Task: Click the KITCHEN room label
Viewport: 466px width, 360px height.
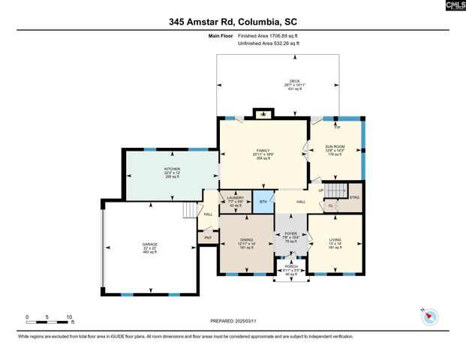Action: point(173,169)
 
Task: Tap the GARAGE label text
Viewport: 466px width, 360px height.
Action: point(150,245)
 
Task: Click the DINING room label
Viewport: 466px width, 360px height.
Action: point(246,239)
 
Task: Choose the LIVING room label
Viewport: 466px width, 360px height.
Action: point(335,239)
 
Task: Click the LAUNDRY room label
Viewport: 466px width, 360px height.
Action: point(235,199)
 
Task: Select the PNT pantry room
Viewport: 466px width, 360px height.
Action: point(207,238)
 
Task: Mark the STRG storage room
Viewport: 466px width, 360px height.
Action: point(354,197)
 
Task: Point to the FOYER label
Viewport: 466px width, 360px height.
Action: point(290,235)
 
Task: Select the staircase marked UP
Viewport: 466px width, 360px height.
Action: point(339,190)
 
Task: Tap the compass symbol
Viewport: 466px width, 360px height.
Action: point(429,317)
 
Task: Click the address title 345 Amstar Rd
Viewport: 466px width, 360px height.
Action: point(233,22)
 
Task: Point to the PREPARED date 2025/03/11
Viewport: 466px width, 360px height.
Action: point(233,320)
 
